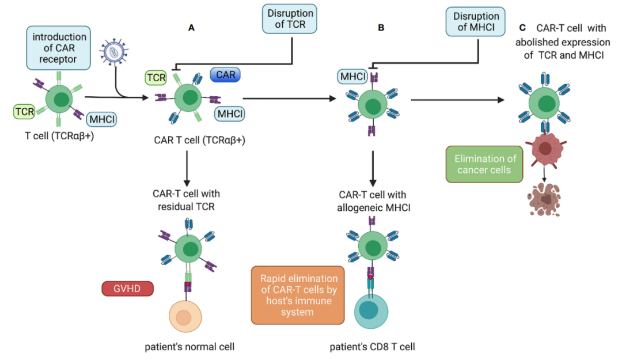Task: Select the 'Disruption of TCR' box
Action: tap(291, 19)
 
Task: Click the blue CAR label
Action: tap(225, 74)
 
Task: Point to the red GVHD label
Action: tap(128, 289)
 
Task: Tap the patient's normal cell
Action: tap(184, 318)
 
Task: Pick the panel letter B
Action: tap(381, 27)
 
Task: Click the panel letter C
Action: tap(522, 27)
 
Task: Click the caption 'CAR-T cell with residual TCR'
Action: tap(186, 199)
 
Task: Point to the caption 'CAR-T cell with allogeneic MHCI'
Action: tap(374, 199)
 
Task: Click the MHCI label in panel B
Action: tap(352, 76)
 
